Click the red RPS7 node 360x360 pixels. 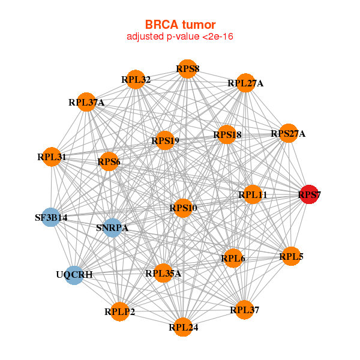[x=309, y=194]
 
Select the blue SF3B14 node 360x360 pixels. [x=51, y=217]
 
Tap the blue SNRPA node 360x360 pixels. [x=113, y=227]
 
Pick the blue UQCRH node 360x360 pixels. [x=74, y=275]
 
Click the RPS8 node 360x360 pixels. [x=187, y=69]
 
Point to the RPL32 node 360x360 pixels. [x=136, y=79]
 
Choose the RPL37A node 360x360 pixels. [x=86, y=102]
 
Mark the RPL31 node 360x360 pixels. [x=52, y=157]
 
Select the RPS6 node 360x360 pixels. [x=109, y=161]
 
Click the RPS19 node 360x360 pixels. [x=164, y=141]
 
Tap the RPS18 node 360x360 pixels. [x=226, y=135]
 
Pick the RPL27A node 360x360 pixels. [x=245, y=83]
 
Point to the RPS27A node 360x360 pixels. [x=288, y=134]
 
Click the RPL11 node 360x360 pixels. [x=253, y=194]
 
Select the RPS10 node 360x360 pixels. [x=183, y=208]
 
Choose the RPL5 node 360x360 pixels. [x=291, y=257]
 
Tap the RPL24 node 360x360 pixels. [x=184, y=328]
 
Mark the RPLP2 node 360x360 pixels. [x=120, y=311]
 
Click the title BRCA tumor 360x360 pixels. [x=180, y=25]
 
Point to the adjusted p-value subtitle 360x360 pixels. [x=180, y=37]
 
